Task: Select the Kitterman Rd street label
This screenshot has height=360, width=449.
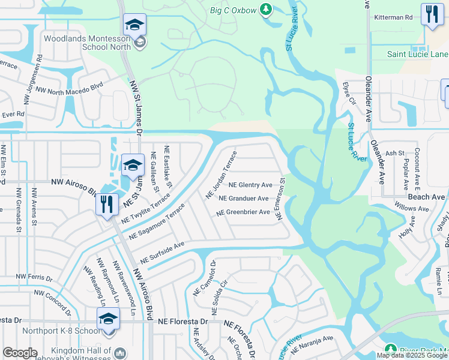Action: click(393, 17)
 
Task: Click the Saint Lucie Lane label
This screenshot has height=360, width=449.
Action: click(414, 54)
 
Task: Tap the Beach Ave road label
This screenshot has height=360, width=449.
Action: click(427, 197)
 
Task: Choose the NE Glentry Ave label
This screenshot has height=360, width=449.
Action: click(250, 185)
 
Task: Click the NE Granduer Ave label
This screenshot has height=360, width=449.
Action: click(244, 198)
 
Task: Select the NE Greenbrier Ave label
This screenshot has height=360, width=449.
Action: click(243, 212)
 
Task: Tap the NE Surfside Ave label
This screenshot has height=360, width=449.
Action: click(161, 253)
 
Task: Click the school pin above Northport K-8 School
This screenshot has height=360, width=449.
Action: click(109, 319)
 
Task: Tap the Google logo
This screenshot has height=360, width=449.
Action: click(20, 353)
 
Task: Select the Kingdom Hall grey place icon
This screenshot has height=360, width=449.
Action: click(120, 353)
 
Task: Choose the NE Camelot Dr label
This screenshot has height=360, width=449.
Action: click(204, 278)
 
